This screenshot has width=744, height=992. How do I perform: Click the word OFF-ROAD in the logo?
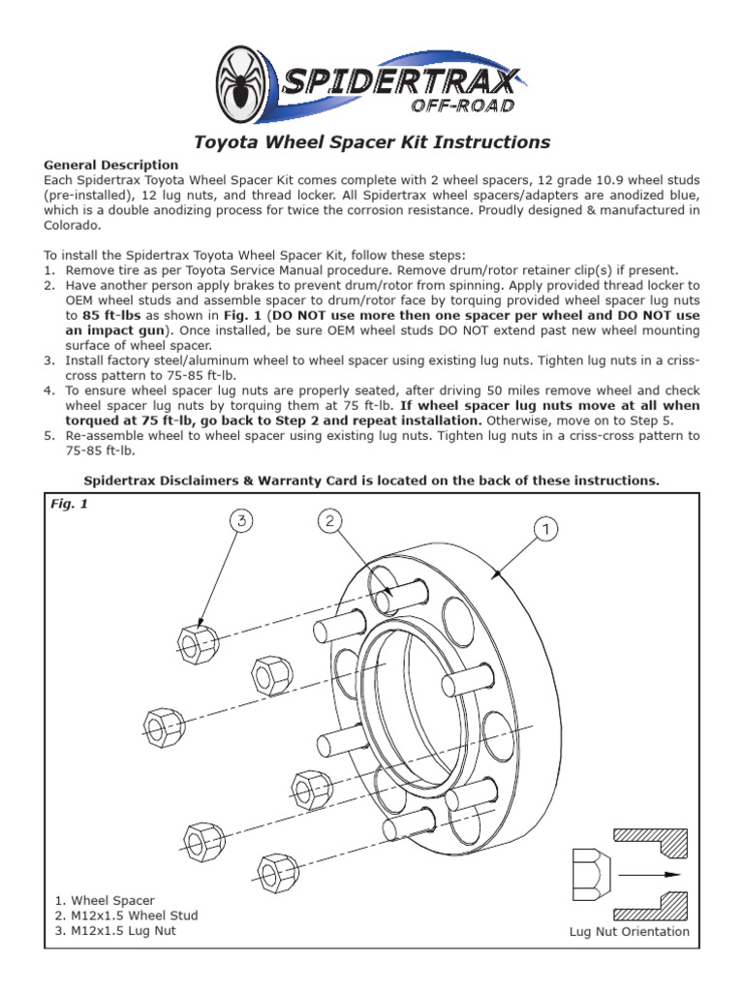coord(462,105)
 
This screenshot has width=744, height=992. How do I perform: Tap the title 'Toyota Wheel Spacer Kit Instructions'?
coord(372,141)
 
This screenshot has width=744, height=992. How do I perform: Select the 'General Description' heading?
coord(111,165)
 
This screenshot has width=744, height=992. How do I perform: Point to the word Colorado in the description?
coord(72,225)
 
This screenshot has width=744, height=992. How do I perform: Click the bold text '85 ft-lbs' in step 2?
coord(111,315)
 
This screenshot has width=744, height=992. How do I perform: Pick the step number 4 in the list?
coord(48,390)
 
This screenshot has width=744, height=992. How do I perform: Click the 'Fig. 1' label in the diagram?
coord(69,504)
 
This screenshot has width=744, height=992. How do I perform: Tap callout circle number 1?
coord(546,528)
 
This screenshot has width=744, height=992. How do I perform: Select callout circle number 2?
coord(329,520)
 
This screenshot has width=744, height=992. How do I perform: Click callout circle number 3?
coord(241,520)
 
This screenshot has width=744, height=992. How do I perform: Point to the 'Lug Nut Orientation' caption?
coord(630,931)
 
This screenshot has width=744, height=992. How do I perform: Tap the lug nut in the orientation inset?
coord(592,875)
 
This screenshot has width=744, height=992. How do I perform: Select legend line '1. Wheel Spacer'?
coord(105,900)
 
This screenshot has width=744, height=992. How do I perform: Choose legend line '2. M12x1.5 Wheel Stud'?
coord(127,915)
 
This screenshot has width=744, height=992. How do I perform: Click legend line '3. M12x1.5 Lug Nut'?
coord(116,931)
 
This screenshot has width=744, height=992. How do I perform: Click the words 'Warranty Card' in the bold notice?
coord(305,480)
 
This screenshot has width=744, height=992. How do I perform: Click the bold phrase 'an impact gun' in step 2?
coord(114,330)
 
